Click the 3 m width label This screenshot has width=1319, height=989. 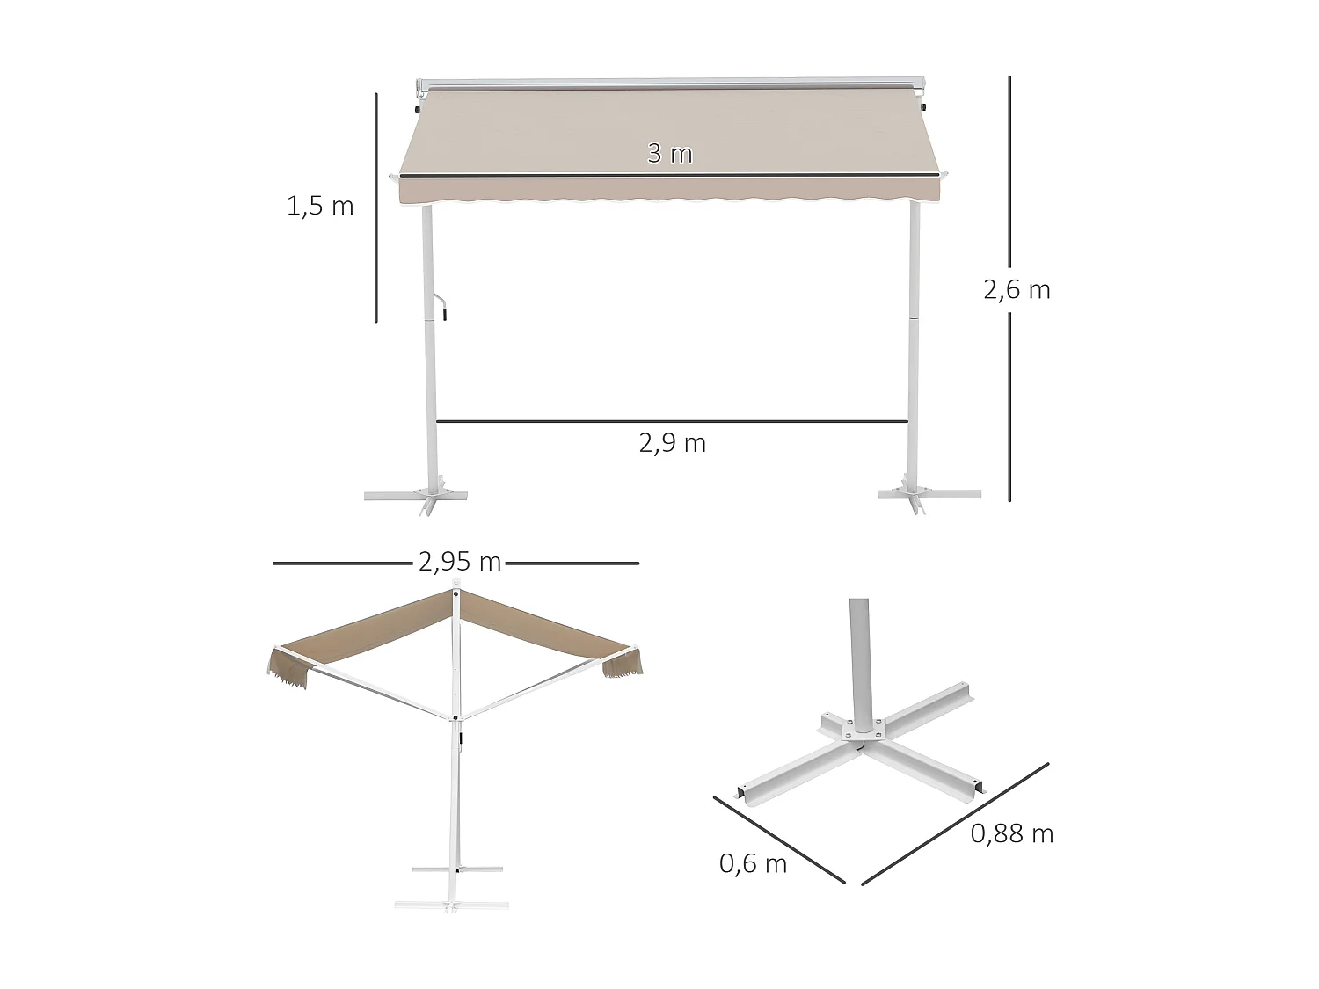tap(670, 154)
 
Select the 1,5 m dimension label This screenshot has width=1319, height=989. tap(320, 207)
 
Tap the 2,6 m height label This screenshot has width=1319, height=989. tap(1017, 290)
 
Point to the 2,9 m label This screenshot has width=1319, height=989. tap(673, 443)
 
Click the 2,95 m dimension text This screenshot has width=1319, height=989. tap(460, 562)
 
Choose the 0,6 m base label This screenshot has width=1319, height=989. tap(753, 864)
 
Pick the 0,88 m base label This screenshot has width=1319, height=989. tap(1011, 834)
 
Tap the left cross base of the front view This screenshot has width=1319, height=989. tap(416, 496)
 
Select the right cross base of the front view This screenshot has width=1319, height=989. tap(929, 495)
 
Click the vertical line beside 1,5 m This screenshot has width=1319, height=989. tap(376, 207)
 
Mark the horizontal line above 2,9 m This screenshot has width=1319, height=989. tap(672, 422)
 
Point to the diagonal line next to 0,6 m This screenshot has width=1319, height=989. tap(778, 840)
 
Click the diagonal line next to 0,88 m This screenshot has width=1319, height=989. tap(955, 823)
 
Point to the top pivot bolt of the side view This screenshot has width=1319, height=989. tap(455, 594)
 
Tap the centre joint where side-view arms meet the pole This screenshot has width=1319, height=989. tap(456, 718)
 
